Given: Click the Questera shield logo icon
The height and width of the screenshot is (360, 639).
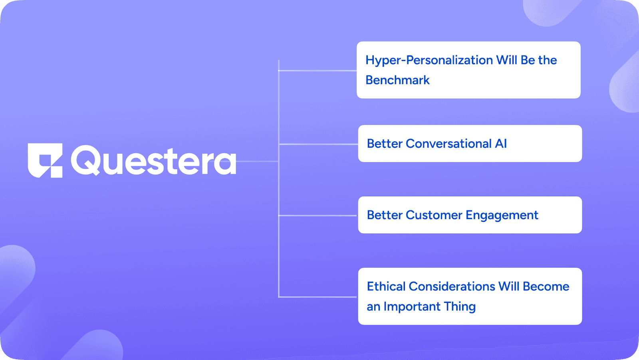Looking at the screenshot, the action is (x=45, y=160).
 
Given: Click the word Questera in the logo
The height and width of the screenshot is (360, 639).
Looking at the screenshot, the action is (x=153, y=160).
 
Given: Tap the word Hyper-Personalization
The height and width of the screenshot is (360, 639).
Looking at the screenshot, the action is (x=429, y=60).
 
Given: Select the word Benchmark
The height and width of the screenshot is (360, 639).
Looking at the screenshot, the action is (x=397, y=80).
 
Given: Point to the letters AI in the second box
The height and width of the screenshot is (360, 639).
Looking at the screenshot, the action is (x=501, y=144).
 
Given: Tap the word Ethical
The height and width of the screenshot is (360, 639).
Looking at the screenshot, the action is (x=386, y=287).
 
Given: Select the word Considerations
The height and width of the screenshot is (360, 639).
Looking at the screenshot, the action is (x=452, y=287).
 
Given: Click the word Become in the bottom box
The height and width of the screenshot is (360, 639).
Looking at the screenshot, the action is (x=546, y=287).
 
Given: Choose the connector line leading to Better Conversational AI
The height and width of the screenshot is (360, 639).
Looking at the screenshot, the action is (x=318, y=144).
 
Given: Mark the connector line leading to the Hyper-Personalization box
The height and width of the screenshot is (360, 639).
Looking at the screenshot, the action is (x=318, y=70).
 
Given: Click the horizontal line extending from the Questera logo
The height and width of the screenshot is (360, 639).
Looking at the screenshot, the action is (x=257, y=161).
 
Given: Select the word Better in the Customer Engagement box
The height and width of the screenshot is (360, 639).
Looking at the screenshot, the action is (x=385, y=215).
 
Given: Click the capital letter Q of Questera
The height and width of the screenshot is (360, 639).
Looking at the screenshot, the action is (x=85, y=160).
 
